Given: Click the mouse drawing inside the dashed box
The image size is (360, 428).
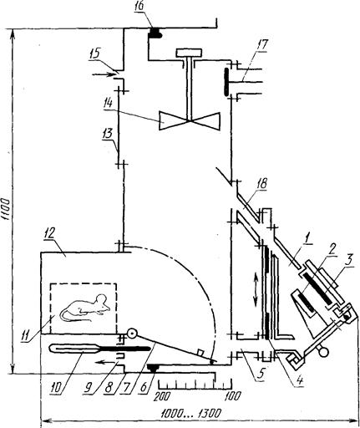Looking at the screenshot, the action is pyautogui.click(x=85, y=308).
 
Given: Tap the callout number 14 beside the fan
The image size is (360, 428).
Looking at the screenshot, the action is pyautogui.click(x=107, y=104).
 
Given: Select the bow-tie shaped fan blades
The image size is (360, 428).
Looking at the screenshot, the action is pyautogui.click(x=190, y=121).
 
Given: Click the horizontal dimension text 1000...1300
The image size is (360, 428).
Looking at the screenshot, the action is pyautogui.click(x=192, y=414).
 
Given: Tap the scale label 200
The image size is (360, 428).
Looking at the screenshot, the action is pyautogui.click(x=162, y=396).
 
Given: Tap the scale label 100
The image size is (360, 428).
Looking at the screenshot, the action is pyautogui.click(x=234, y=396).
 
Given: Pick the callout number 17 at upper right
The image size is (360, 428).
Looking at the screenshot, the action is pyautogui.click(x=262, y=45).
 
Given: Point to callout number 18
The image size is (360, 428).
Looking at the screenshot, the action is pyautogui.click(x=262, y=184).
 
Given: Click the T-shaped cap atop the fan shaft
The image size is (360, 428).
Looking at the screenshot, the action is pyautogui.click(x=189, y=52).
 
